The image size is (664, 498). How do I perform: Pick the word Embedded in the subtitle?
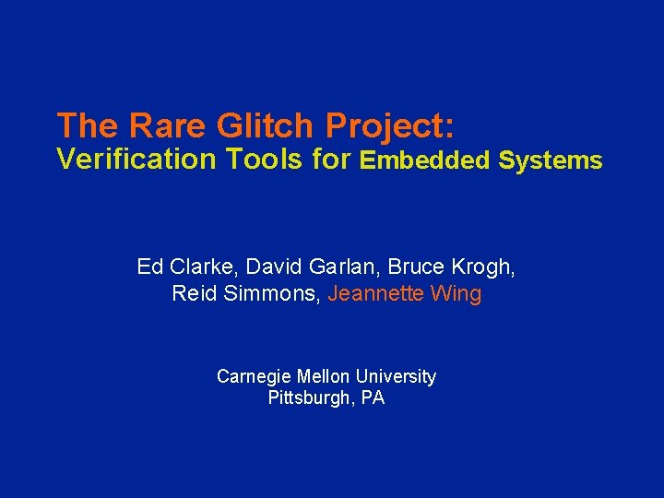(x=425, y=160)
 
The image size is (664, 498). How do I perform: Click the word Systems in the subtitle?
(x=550, y=161)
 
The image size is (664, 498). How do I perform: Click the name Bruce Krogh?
(x=452, y=267)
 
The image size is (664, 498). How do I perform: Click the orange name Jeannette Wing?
(x=405, y=294)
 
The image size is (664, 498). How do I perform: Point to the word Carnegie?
(x=253, y=376)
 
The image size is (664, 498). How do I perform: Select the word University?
(x=397, y=376)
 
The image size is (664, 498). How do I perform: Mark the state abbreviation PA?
(x=373, y=398)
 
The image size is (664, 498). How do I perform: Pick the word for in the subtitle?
(x=332, y=160)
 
